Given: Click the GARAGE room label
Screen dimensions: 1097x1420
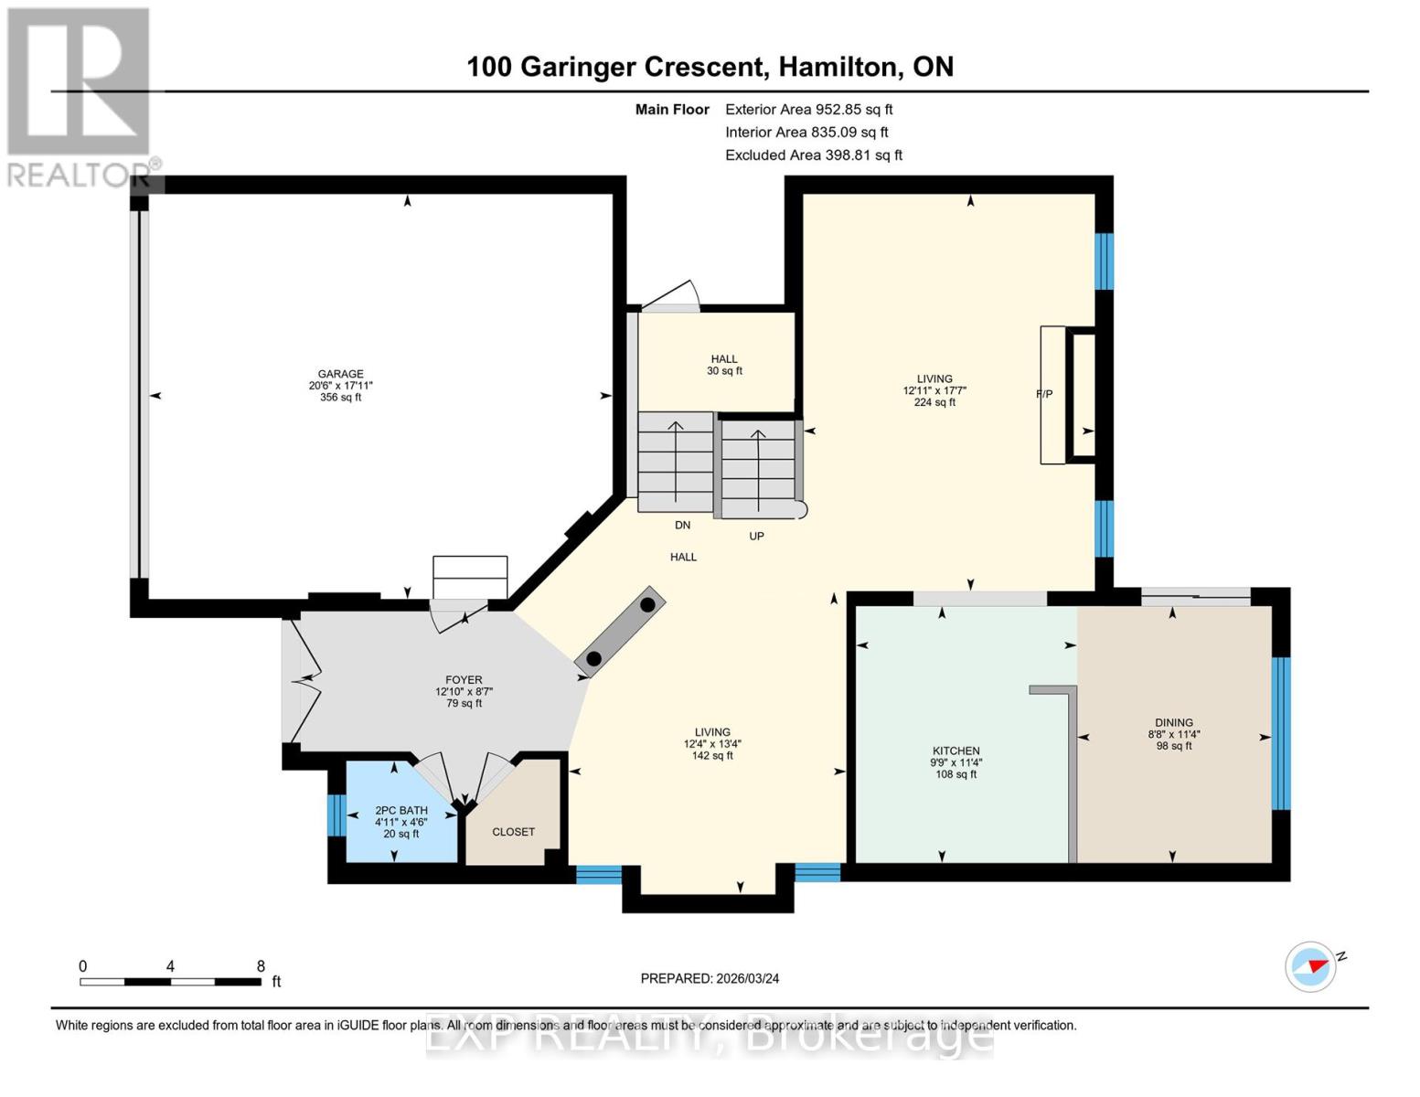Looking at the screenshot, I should click(340, 374).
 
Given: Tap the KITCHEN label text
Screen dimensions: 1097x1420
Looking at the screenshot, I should click(956, 751).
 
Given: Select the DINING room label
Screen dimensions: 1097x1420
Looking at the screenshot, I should click(1173, 722).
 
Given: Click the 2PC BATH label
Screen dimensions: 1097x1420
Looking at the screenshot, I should click(401, 810).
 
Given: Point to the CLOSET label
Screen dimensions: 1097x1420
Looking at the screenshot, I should click(513, 832).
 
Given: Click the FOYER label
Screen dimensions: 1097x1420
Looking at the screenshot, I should click(464, 680).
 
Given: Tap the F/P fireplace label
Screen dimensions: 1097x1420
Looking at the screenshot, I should click(1044, 394).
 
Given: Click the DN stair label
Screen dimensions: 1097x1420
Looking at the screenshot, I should click(682, 526).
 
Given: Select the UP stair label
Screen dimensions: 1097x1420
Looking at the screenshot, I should click(756, 537).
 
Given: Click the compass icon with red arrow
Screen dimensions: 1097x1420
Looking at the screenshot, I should click(1311, 966).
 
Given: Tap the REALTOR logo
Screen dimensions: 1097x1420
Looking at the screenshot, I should click(80, 96).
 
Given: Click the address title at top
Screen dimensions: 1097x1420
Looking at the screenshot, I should click(710, 67).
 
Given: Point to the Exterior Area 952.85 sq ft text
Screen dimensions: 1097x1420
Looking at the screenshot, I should click(808, 110).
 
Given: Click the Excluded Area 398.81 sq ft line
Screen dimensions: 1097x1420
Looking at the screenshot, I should click(813, 155).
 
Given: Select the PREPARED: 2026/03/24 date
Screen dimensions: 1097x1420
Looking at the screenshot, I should click(710, 978).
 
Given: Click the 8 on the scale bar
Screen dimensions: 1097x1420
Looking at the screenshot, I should click(261, 966).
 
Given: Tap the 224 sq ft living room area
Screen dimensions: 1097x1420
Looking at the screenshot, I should click(934, 402).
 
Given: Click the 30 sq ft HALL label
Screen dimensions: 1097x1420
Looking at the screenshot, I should click(724, 371).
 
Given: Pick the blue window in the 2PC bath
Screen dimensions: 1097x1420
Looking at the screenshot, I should click(336, 815).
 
